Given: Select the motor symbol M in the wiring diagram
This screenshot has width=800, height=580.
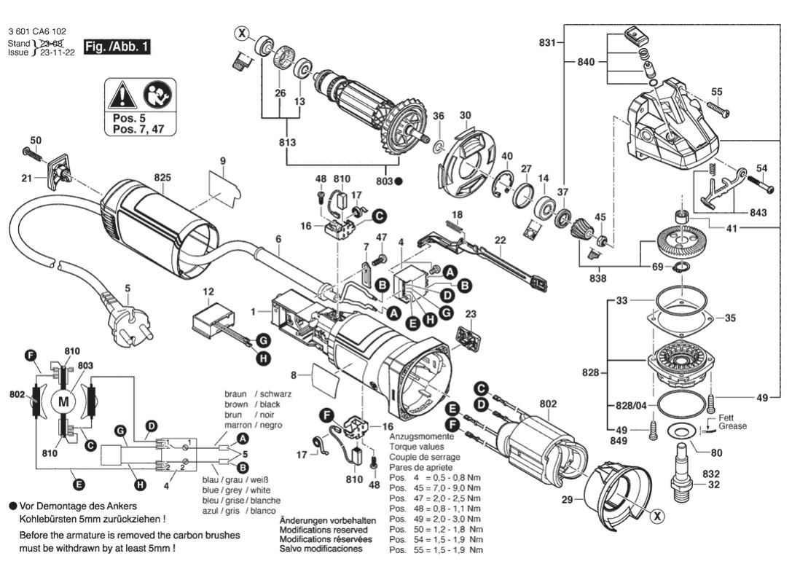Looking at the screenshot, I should click(63, 401).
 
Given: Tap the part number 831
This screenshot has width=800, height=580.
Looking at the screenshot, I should click(547, 43).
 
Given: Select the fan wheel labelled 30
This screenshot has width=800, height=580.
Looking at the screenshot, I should click(464, 162).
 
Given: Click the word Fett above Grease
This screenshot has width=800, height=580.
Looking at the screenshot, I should click(726, 418).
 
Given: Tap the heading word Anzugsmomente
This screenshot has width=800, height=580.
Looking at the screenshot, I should click(422, 436).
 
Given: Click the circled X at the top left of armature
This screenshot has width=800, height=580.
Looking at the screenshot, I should click(243, 32).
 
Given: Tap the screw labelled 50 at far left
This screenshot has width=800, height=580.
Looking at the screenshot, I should click(32, 152).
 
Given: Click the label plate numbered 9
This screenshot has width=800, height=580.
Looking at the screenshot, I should click(224, 183).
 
